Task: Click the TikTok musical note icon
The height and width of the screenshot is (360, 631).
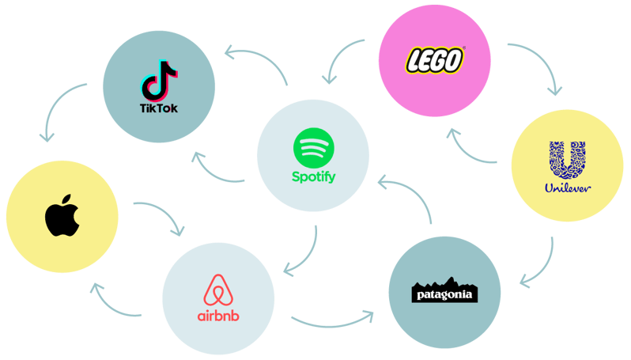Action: [x=159, y=79]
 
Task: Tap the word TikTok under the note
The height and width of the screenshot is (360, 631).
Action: [x=159, y=107]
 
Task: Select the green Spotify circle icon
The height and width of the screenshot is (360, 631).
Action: [x=314, y=148]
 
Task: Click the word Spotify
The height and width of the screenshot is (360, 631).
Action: [x=314, y=176]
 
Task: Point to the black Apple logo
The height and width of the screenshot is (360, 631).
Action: [x=62, y=216]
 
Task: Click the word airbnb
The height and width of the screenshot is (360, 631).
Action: [x=219, y=316]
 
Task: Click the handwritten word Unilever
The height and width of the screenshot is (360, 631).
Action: [x=568, y=189]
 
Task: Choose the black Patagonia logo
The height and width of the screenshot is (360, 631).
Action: [x=446, y=292]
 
